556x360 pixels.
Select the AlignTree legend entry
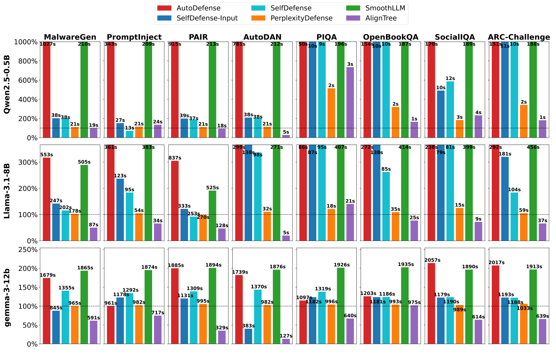382,18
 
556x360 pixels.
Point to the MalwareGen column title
70,37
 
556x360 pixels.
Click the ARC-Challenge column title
519,37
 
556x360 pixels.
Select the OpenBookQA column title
391,37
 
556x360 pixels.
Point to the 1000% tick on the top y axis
26,42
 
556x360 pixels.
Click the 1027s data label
47,44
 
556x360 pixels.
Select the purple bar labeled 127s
286,341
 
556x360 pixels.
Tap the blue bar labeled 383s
248,336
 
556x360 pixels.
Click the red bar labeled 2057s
432,303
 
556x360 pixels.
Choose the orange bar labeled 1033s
524,323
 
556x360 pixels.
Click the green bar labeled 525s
212,215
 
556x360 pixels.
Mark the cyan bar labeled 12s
450,109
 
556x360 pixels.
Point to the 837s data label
175,158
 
